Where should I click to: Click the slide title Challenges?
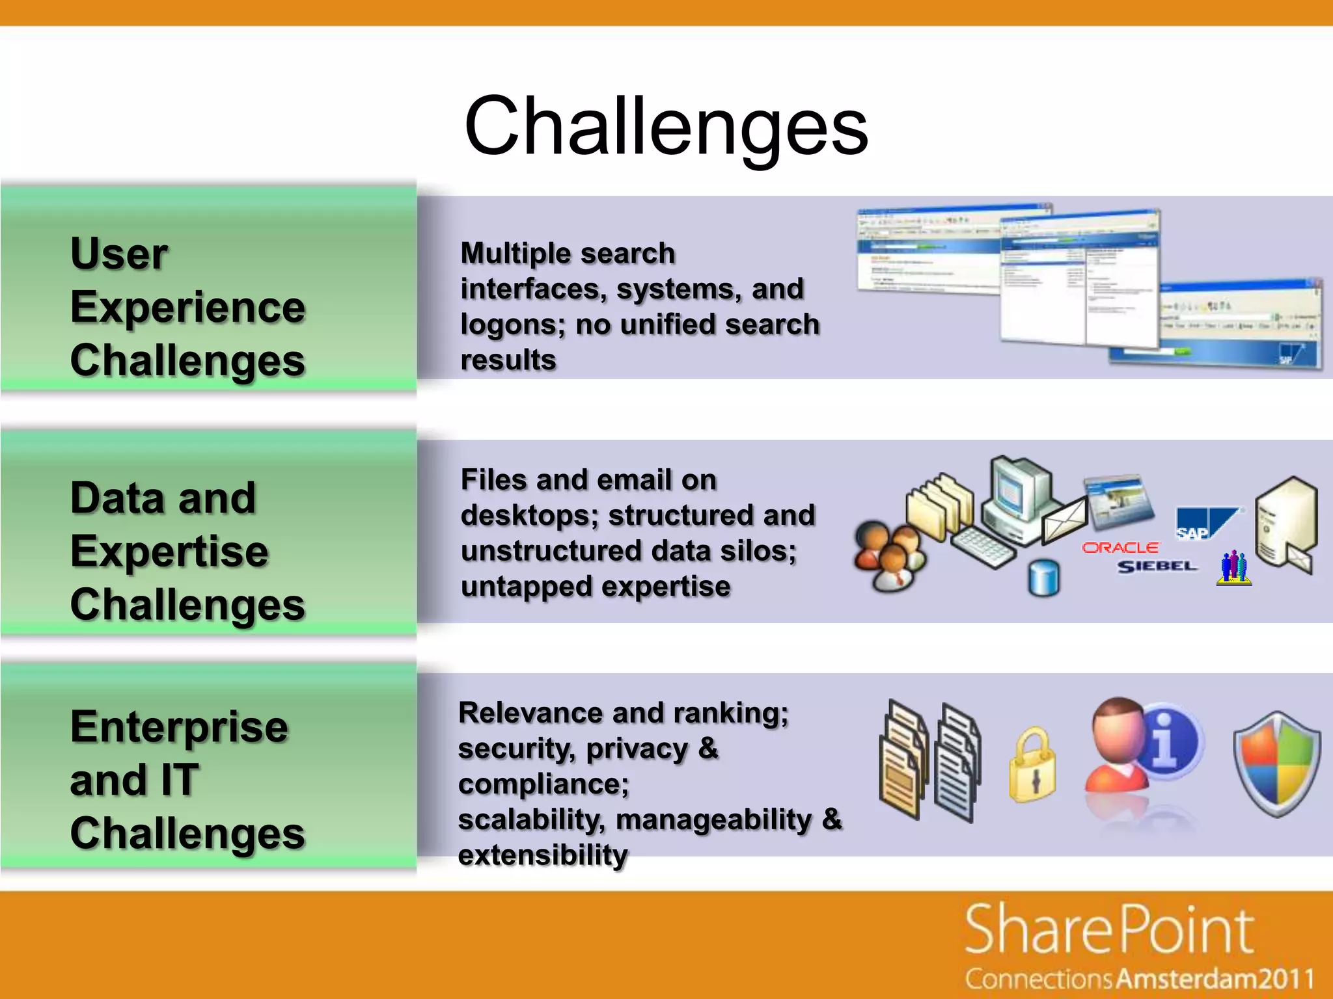coord(666,127)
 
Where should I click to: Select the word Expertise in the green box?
coord(169,552)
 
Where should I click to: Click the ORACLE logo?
coord(1120,548)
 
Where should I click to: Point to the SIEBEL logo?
coord(1157,566)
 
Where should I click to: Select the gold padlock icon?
coord(1032,766)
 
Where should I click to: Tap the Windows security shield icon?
coord(1277,762)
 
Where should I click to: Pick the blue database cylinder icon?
coord(1044,578)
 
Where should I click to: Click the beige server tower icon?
coord(1285,520)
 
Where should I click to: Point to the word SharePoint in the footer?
coord(1109,930)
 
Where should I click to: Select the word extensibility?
coord(543,855)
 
